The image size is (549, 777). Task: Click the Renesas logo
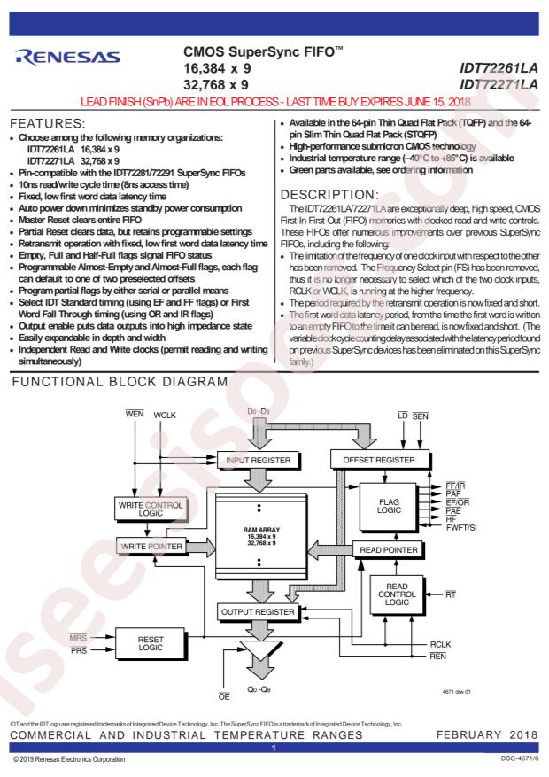tap(68, 57)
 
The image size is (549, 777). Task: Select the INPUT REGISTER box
tap(258, 461)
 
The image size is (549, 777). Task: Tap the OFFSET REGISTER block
tap(379, 460)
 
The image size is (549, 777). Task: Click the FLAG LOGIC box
tap(389, 507)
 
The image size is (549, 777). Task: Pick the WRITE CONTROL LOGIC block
tap(151, 509)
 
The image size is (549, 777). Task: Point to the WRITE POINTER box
tap(151, 547)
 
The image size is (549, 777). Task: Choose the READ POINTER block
tap(389, 550)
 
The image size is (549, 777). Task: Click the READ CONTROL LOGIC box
tap(397, 594)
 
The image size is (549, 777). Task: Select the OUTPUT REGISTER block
tap(258, 612)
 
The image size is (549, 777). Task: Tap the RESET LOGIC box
tap(151, 644)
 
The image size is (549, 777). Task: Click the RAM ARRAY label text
tap(262, 530)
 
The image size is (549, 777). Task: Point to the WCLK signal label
tap(165, 416)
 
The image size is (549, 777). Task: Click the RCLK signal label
tap(440, 645)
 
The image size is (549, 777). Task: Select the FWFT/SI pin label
tap(461, 528)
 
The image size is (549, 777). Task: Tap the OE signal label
tap(224, 696)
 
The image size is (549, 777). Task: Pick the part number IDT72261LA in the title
tap(499, 68)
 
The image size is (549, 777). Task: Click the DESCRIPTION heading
tap(329, 195)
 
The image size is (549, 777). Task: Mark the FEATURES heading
tap(48, 123)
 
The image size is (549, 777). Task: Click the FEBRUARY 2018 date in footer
tap(487, 734)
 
